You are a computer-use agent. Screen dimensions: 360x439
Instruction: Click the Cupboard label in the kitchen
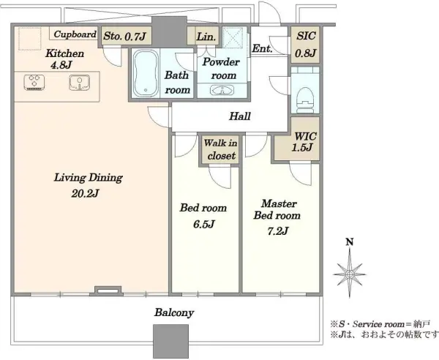tap(74, 34)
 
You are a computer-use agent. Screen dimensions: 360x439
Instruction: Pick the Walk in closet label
tap(219, 151)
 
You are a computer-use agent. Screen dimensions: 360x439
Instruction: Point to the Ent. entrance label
tap(262, 49)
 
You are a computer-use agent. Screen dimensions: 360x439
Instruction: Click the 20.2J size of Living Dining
tap(86, 194)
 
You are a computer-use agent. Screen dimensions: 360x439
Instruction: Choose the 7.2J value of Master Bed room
tap(276, 231)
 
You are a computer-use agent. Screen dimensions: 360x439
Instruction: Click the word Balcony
tap(174, 312)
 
